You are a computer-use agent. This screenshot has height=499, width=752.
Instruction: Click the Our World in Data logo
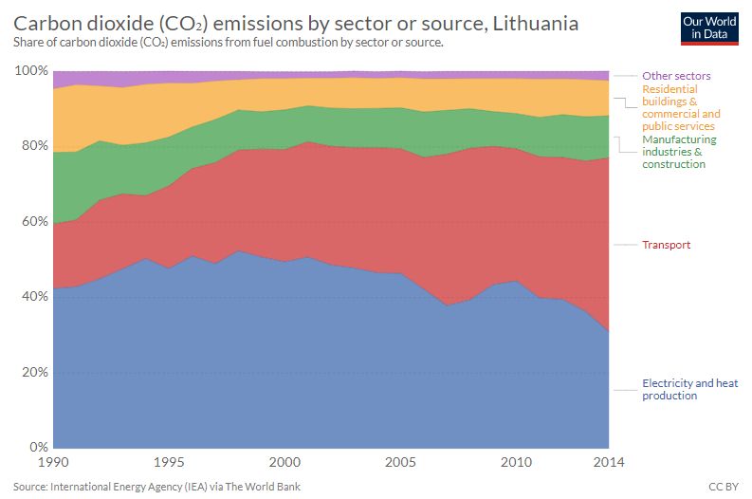709,28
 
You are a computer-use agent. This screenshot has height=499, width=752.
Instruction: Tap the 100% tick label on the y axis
31,71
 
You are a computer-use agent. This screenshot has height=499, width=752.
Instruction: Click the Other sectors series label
676,76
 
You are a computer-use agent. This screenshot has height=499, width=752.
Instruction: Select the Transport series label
666,245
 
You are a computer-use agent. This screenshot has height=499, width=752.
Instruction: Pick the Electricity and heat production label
689,389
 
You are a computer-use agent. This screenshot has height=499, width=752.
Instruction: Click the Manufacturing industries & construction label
679,152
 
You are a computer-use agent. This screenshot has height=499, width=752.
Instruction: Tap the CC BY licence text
723,487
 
